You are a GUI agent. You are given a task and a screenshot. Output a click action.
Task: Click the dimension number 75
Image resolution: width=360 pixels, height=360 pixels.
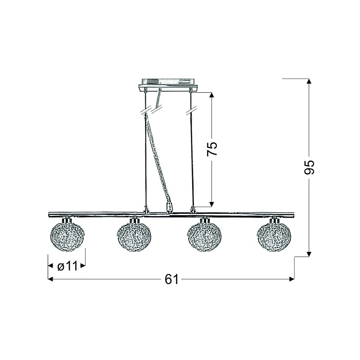[x=212, y=149]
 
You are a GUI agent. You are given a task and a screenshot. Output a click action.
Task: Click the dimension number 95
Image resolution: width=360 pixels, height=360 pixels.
[x=309, y=167]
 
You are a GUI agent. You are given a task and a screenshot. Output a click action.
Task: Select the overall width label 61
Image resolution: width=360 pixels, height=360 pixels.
[x=171, y=279]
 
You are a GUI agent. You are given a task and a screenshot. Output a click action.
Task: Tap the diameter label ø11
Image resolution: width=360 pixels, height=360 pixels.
[x=67, y=266]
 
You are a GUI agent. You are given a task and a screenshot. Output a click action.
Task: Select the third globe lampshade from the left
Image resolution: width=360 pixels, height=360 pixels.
[x=205, y=237]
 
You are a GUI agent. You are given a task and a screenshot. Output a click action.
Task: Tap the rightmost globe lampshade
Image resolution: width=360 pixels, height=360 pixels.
[x=274, y=237]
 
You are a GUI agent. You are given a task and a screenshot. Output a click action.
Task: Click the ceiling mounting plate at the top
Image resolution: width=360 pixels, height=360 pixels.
[x=168, y=85]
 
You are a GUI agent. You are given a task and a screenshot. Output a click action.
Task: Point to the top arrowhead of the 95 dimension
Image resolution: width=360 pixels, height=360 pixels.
[x=309, y=81]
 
